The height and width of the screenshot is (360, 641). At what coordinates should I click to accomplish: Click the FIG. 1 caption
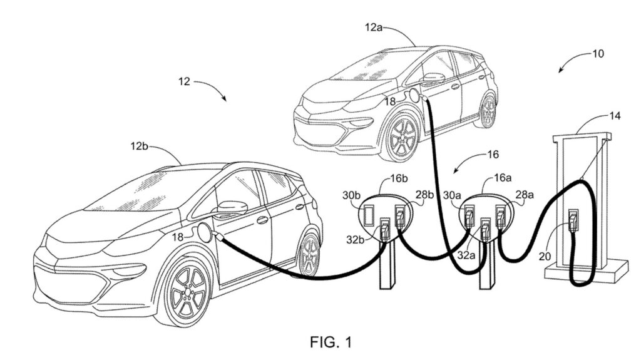click(x=331, y=342)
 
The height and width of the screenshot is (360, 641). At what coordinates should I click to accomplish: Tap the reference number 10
click(x=597, y=53)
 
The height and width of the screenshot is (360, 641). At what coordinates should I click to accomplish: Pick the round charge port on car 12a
click(x=413, y=95)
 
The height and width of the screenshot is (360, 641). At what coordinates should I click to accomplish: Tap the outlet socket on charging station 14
click(x=572, y=219)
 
